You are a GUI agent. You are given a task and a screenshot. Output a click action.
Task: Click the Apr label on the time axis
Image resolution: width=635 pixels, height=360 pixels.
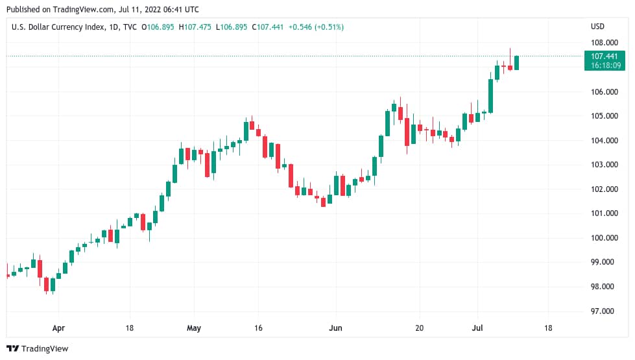59,328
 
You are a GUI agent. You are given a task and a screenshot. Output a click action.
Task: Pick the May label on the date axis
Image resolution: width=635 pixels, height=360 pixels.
195,328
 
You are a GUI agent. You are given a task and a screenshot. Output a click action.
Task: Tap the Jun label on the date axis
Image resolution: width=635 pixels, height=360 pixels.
335,328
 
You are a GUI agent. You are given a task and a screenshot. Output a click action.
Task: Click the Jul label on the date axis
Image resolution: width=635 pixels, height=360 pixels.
477,328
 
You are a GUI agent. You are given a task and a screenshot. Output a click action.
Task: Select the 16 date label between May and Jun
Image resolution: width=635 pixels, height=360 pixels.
258,328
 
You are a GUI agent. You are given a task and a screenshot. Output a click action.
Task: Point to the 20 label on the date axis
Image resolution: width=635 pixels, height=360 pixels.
419,328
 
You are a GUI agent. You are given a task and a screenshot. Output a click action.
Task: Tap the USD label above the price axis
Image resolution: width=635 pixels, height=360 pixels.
597,27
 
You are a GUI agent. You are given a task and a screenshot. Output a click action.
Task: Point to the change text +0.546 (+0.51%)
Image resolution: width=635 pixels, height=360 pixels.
316,27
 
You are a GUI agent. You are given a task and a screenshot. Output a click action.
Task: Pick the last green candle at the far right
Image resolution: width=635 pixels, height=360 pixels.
517,62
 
